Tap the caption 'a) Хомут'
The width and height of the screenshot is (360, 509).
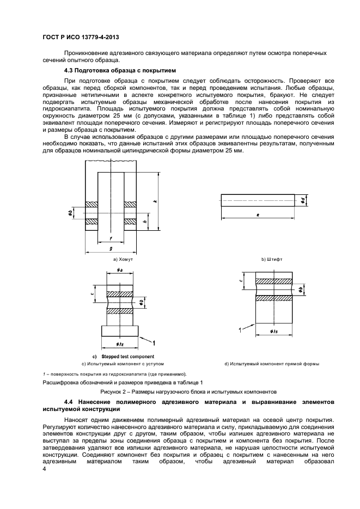coord(123,260)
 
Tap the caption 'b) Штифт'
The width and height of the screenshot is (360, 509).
coord(271,260)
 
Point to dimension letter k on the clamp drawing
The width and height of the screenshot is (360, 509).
coord(155,201)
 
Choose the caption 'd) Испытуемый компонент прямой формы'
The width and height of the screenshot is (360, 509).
coord(271,363)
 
